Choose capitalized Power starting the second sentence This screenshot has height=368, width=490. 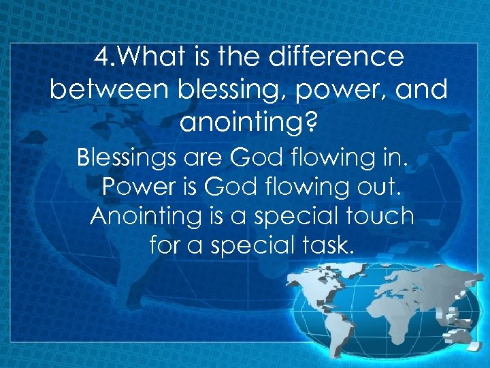click(x=139, y=187)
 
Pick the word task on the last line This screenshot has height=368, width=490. click(x=329, y=245)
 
